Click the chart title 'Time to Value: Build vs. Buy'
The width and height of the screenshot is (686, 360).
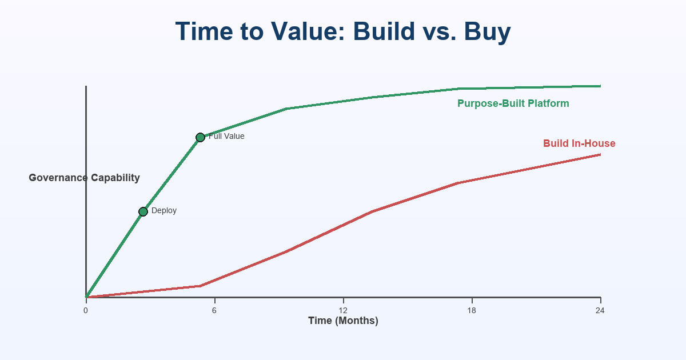pos(343,32)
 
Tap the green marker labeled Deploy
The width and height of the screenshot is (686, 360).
pos(143,211)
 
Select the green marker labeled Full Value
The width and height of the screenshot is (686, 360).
pos(200,137)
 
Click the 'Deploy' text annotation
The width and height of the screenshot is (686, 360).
pos(164,211)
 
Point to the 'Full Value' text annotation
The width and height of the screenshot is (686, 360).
pos(227,137)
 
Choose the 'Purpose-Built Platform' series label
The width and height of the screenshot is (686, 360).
pos(513,103)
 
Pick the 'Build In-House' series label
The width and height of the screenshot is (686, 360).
pos(579,143)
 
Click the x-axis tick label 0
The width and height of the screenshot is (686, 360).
pos(86,311)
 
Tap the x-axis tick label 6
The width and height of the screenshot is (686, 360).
pos(214,311)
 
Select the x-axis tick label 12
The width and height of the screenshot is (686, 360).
pos(343,311)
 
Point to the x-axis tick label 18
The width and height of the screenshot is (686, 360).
pos(472,311)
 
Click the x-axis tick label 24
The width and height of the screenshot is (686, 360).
pos(600,311)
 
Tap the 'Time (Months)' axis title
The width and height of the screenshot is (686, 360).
pos(343,321)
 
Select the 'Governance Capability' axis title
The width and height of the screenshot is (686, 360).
pos(84,178)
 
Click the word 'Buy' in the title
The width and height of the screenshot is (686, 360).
pos(488,32)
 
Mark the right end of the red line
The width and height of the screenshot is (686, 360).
pos(600,154)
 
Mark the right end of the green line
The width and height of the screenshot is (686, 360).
pos(600,86)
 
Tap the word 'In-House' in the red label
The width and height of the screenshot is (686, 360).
pos(595,143)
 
